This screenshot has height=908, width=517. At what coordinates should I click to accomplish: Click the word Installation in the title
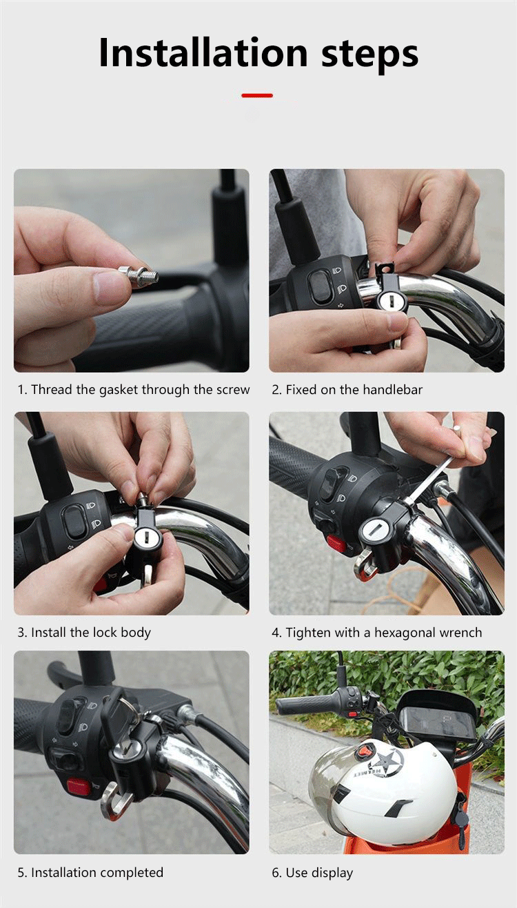click(203, 52)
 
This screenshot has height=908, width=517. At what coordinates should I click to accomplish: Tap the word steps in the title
click(370, 55)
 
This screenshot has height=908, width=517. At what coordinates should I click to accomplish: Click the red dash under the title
click(257, 96)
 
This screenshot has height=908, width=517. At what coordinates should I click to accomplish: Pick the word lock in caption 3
click(105, 632)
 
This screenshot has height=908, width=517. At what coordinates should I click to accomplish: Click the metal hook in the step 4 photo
click(364, 564)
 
